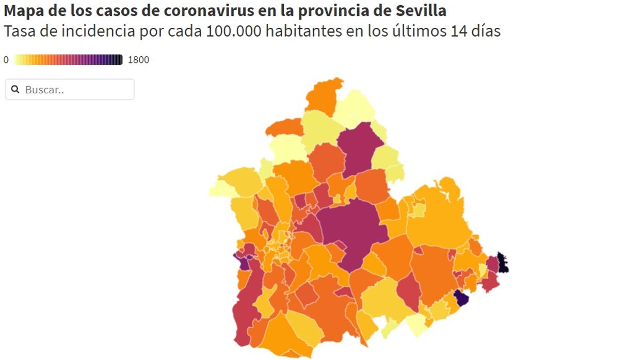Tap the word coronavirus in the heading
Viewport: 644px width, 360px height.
[208, 10]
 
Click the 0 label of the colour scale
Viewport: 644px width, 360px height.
[6, 60]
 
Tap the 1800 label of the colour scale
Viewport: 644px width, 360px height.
[138, 60]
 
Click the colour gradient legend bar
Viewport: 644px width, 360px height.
[68, 60]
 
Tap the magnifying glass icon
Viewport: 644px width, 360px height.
[15, 90]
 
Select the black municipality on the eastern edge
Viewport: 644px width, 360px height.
[502, 263]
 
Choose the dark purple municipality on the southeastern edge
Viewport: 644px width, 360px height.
[461, 298]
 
